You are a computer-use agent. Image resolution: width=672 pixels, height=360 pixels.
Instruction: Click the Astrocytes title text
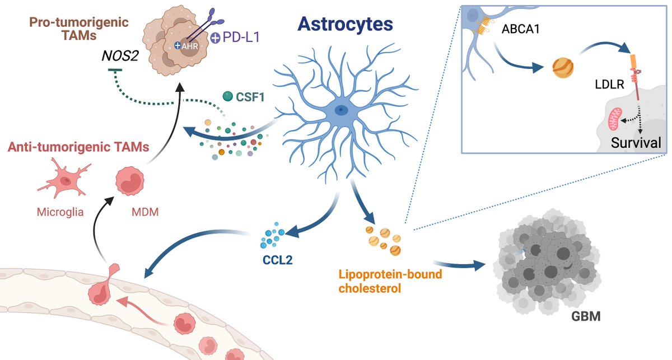pyautogui.click(x=346, y=24)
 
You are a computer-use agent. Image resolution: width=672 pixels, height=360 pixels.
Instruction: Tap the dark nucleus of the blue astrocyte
pyautogui.click(x=339, y=110)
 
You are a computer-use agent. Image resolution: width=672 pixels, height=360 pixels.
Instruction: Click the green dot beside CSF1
pyautogui.click(x=228, y=97)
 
